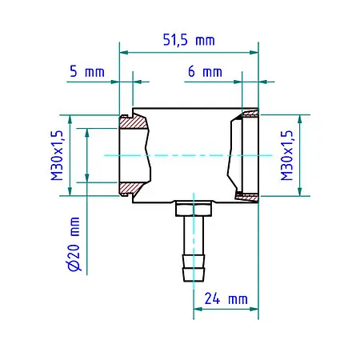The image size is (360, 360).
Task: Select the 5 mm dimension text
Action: (x=86, y=71)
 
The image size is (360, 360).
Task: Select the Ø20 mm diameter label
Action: (x=74, y=244)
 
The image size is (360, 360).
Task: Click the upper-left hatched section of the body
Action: (x=134, y=122)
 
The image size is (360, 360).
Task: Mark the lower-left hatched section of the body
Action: (x=130, y=190)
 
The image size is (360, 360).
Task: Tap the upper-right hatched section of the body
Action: (x=246, y=118)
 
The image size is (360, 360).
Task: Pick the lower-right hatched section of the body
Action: (x=246, y=194)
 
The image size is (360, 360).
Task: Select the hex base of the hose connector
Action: (x=194, y=209)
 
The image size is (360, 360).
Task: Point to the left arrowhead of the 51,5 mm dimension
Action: (x=124, y=53)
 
